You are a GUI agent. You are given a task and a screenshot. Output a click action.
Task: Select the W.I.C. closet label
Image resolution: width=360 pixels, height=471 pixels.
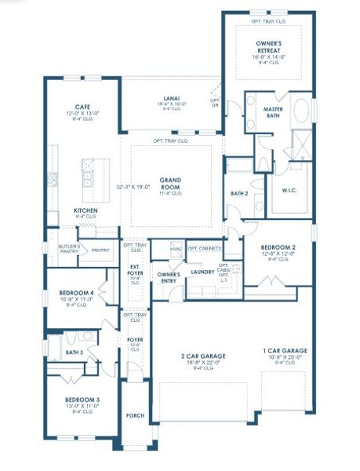point(288,190)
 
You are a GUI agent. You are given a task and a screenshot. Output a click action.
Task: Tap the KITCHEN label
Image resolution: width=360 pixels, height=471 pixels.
point(85,211)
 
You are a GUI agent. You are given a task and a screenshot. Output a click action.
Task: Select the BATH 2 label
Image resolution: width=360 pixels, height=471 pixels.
point(239,193)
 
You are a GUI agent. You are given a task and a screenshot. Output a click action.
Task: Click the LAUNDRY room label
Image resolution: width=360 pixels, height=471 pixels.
point(202,272)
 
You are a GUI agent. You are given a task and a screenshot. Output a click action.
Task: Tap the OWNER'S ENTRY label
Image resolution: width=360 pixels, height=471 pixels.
point(169,277)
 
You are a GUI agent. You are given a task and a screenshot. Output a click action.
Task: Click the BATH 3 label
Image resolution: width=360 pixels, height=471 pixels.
point(75,352)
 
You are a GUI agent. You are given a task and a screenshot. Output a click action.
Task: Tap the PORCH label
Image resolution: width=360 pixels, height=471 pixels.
point(135,415)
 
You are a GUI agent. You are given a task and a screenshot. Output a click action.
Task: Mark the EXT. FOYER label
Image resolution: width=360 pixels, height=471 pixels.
point(134,272)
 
